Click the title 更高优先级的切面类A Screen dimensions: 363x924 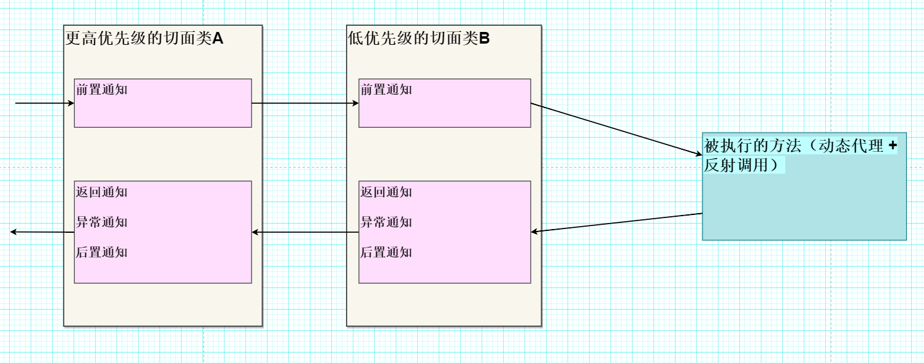[x=144, y=39]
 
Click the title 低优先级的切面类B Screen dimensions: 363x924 [x=418, y=39]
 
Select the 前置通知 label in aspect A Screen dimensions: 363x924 [x=102, y=90]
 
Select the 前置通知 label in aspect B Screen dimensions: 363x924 [x=387, y=90]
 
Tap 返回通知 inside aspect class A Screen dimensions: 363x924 [x=102, y=192]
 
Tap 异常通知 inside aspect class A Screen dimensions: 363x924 [x=102, y=222]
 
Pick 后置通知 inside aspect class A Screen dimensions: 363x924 [x=102, y=252]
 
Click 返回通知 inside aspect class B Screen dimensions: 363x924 [x=387, y=192]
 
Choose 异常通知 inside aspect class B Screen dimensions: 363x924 [x=387, y=222]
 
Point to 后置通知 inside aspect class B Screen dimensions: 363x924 [x=387, y=252]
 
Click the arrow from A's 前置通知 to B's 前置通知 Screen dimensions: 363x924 [x=305, y=103]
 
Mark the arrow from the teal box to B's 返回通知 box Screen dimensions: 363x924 [x=617, y=223]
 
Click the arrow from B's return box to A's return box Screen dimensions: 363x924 [x=305, y=232]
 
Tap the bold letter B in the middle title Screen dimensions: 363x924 [x=484, y=39]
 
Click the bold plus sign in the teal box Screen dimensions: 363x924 [x=892, y=146]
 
